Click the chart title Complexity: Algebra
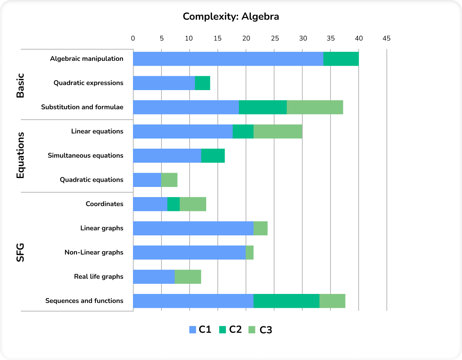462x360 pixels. (x=231, y=17)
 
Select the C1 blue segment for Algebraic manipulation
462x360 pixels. (x=228, y=59)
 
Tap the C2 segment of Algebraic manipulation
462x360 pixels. (x=341, y=59)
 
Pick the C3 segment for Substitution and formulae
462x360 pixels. (x=315, y=107)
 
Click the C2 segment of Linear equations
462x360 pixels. (x=243, y=131)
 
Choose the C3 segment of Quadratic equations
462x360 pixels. (x=169, y=180)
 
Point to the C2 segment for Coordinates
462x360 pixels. (x=173, y=204)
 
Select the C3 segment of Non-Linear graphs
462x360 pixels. (x=249, y=252)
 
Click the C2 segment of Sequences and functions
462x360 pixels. (x=286, y=301)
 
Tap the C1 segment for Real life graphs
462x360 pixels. (x=154, y=277)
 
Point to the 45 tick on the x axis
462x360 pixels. (x=386, y=38)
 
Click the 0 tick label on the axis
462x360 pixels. (x=133, y=38)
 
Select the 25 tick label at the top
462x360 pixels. (x=275, y=38)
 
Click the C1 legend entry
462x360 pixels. (x=200, y=330)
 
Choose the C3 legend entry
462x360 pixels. (x=260, y=330)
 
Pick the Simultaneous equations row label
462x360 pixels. (x=85, y=155)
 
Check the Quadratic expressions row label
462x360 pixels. (x=88, y=83)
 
